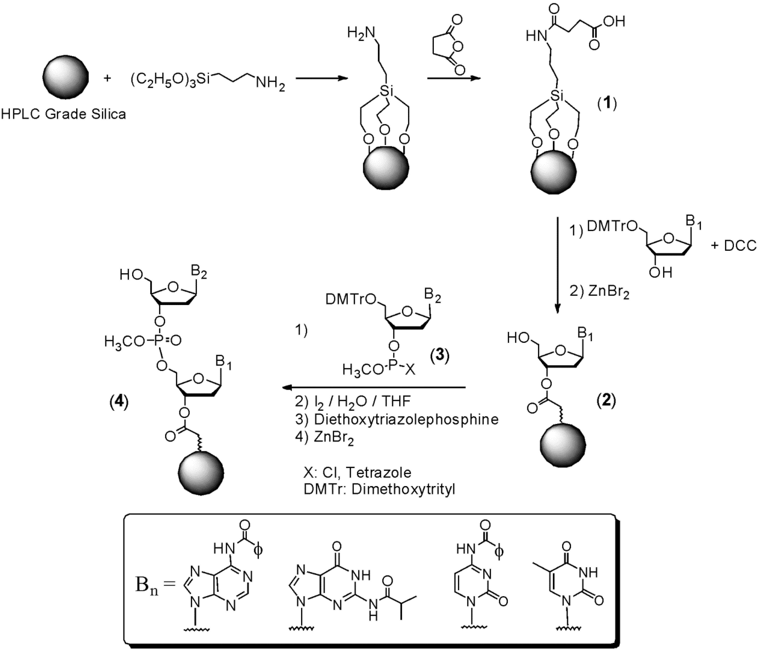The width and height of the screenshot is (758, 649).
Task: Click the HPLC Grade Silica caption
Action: (63, 115)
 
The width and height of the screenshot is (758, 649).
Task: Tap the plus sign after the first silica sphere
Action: (107, 78)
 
